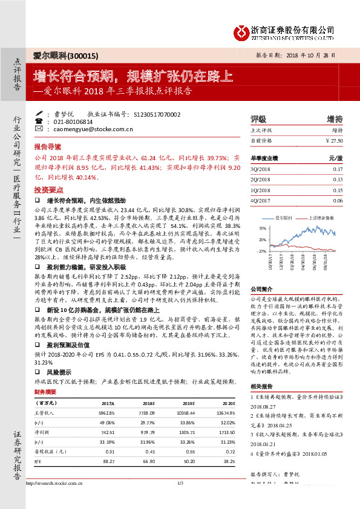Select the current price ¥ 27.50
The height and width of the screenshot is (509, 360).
coord(333,140)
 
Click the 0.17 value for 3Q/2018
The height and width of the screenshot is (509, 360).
coord(338,170)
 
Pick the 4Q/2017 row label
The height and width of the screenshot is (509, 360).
coord(261,200)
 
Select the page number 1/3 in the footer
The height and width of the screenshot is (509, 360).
coord(180,499)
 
